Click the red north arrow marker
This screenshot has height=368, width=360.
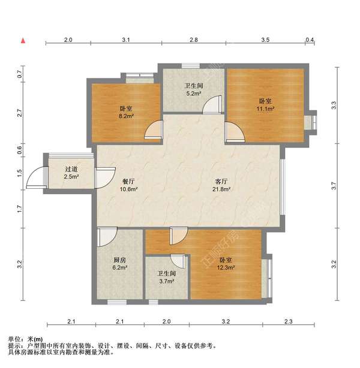point(23,41)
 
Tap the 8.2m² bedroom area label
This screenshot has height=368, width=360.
point(126,112)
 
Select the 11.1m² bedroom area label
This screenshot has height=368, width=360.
point(266,105)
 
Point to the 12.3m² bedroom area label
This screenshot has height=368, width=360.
point(226,264)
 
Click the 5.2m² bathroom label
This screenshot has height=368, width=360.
point(193,90)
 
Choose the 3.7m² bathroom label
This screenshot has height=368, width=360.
point(166,277)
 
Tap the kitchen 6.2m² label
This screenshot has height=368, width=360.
point(120,264)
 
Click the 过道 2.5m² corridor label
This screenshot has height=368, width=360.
point(71,173)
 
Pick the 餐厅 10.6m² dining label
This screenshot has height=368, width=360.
point(128,185)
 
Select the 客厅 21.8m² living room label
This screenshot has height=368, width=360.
point(221,185)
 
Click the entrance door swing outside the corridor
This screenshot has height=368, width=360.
point(35,176)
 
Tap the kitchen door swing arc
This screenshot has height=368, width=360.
point(107,237)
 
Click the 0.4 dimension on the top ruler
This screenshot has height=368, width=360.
point(310,40)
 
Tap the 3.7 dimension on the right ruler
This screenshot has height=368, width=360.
point(334,186)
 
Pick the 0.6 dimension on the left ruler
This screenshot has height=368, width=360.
point(20,150)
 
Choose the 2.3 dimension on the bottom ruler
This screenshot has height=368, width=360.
point(289,321)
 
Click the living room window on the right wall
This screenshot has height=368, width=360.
point(283,187)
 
